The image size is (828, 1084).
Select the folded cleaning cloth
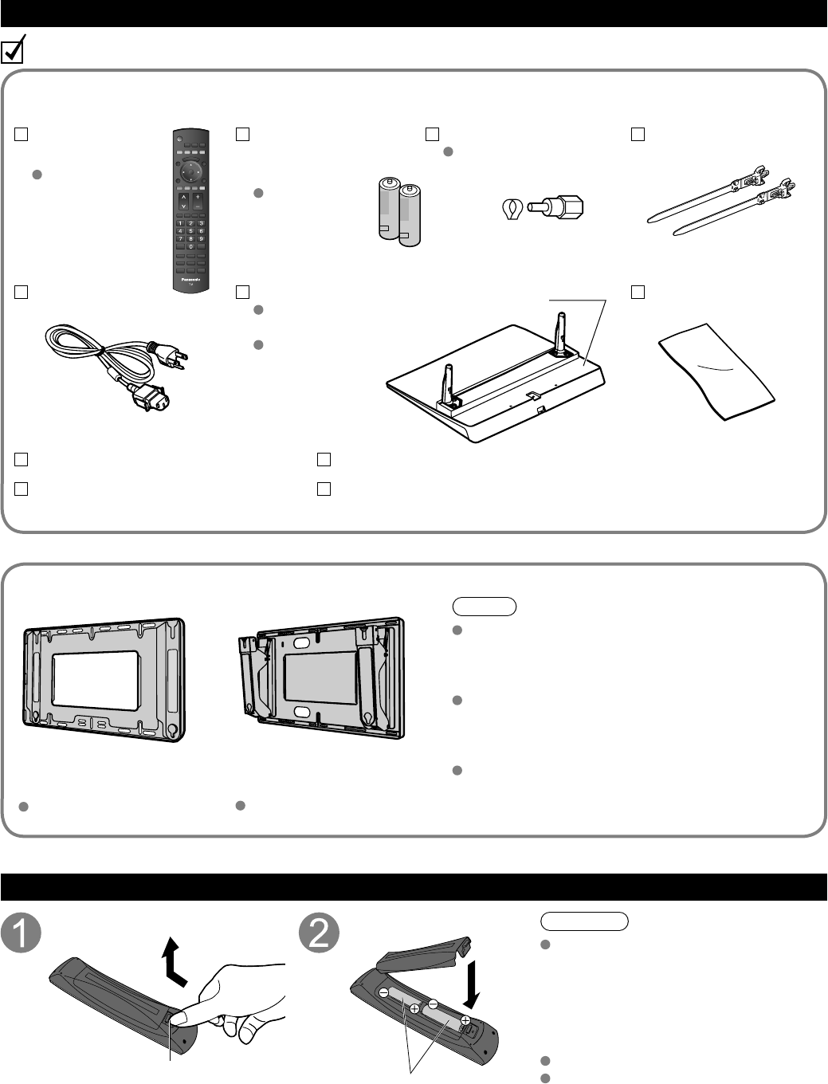tap(717, 371)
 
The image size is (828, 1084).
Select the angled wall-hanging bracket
tap(324, 678)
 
